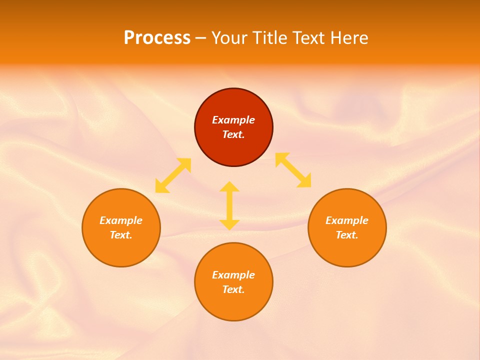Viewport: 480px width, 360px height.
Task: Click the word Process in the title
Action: [x=157, y=38]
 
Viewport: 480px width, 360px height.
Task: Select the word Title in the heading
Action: [x=270, y=38]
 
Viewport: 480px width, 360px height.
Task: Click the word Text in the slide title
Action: [x=308, y=38]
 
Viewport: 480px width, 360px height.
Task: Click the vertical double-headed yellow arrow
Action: [x=229, y=205]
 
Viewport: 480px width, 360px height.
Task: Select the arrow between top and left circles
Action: [x=173, y=175]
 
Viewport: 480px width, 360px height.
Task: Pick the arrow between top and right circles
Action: [x=293, y=170]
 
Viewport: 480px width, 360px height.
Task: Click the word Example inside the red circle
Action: [x=233, y=120]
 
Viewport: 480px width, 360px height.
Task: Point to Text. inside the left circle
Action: [x=121, y=235]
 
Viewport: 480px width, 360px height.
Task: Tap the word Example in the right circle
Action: [x=347, y=220]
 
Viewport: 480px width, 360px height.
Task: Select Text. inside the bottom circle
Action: [x=233, y=289]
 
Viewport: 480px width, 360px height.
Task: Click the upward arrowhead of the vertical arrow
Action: [x=229, y=187]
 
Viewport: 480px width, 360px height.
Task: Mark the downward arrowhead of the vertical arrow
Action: [x=229, y=224]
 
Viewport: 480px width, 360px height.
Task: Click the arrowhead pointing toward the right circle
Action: [x=304, y=181]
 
